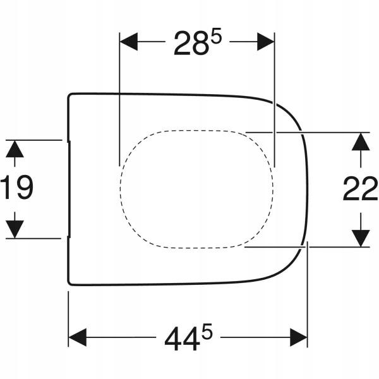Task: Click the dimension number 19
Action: click(16, 188)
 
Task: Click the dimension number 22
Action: click(360, 188)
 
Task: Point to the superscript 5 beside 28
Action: click(216, 36)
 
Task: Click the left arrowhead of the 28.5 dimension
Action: click(129, 42)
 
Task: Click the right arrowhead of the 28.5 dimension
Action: click(265, 42)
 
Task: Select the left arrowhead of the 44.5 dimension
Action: click(78, 337)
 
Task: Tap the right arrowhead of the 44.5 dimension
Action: click(299, 337)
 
